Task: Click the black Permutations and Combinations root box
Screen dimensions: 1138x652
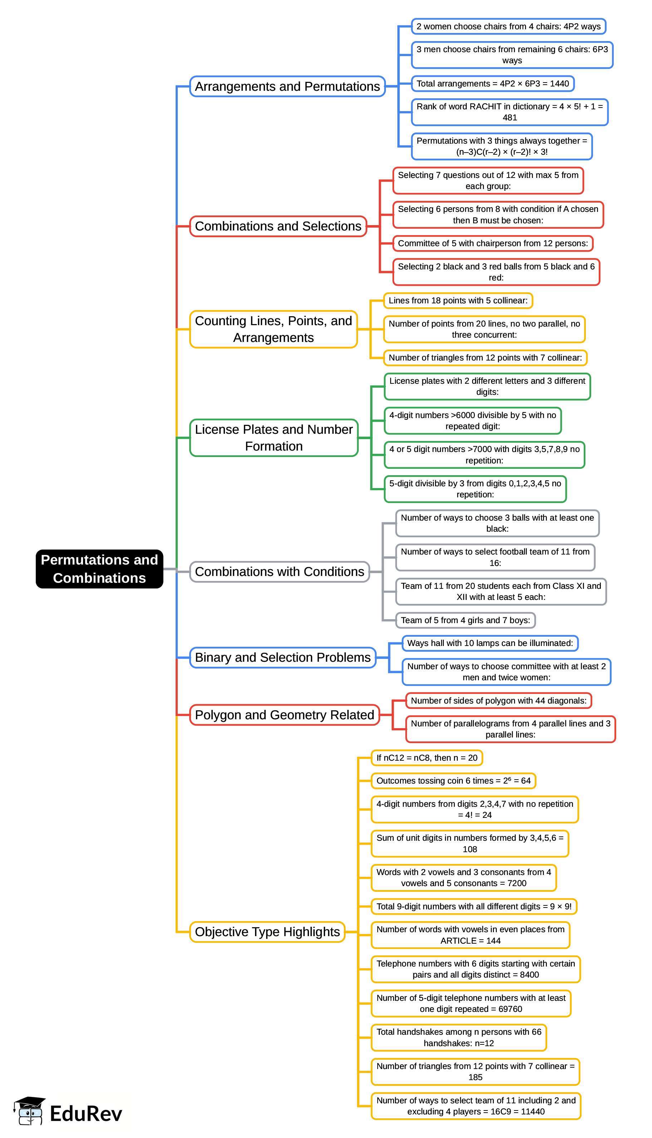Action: [99, 568]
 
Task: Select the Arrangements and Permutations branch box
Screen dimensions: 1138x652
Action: [287, 86]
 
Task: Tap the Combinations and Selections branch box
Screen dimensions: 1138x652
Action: [278, 226]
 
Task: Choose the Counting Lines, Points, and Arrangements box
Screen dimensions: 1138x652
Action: [273, 329]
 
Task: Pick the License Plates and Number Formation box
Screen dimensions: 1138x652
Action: [274, 438]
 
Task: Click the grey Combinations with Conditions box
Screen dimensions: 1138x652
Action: [279, 572]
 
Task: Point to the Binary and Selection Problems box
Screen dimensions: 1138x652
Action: [283, 657]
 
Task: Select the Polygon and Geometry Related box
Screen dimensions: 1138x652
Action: [284, 715]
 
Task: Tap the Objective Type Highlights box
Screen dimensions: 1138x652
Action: [267, 932]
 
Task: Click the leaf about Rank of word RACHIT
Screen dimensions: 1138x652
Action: [509, 112]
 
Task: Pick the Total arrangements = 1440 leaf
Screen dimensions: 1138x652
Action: [492, 84]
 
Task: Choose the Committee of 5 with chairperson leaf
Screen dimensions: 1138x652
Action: [492, 243]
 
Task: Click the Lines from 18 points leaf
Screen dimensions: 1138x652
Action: [458, 300]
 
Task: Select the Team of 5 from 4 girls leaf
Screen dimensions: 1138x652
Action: [465, 620]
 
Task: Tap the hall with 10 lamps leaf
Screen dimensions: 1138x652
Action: [490, 643]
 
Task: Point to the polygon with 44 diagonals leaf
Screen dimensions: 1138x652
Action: [499, 701]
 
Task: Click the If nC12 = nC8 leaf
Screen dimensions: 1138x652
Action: [427, 758]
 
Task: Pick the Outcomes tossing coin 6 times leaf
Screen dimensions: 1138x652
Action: [453, 781]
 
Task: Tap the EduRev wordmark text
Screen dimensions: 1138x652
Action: [86, 1114]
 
